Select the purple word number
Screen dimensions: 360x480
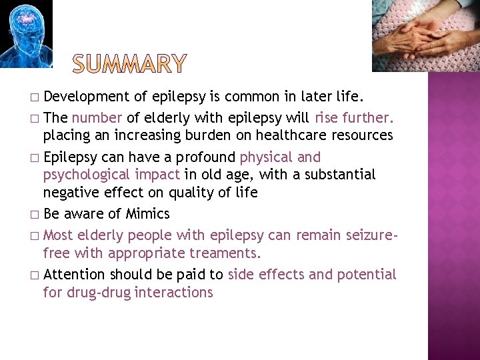tap(97, 119)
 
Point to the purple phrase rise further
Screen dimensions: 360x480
tap(354, 119)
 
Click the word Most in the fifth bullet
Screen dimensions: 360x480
tap(58, 235)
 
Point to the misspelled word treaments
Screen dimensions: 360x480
tap(226, 253)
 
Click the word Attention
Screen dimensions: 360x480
tap(74, 275)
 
